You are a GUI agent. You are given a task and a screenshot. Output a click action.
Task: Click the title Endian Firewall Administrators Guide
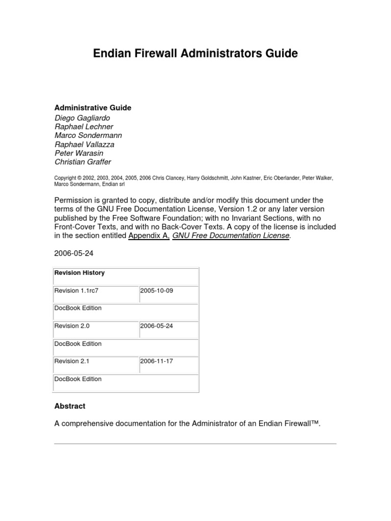[x=195, y=53]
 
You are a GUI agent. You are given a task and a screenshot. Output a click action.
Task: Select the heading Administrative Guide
[x=93, y=108]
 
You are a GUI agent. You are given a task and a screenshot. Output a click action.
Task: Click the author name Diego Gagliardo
[x=82, y=118]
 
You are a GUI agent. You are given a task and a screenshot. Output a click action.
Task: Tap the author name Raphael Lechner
[x=84, y=127]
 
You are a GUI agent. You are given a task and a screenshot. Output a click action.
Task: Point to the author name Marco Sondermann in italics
[x=88, y=135]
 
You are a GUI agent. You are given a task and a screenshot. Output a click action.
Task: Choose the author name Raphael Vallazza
[x=85, y=144]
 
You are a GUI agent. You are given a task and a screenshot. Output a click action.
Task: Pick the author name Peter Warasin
[x=79, y=153]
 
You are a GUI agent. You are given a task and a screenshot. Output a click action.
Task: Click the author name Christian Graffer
[x=82, y=162]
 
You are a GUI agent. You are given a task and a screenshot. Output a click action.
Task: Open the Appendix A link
[x=148, y=236]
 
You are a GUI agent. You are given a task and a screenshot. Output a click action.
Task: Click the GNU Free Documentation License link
[x=231, y=236]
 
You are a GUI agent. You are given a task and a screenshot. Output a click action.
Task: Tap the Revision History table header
[x=79, y=273]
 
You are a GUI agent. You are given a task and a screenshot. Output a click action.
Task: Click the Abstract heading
[x=70, y=406]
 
